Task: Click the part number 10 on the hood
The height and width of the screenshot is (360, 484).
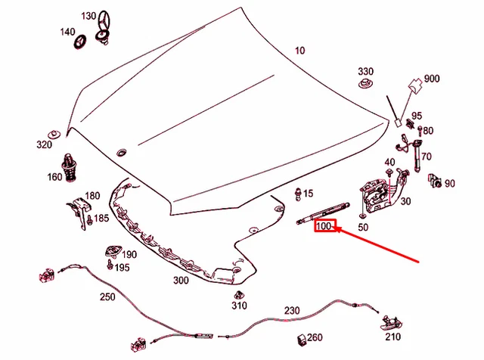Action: tap(299, 51)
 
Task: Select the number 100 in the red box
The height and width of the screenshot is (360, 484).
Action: tap(324, 226)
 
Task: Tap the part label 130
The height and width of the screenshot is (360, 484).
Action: tap(88, 16)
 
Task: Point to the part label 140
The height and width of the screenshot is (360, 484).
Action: tap(67, 32)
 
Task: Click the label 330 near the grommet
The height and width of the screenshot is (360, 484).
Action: tap(365, 70)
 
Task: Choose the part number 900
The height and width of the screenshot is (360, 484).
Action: tap(432, 79)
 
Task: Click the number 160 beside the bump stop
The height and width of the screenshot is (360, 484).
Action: tap(54, 177)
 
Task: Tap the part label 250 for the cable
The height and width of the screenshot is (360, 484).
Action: tap(107, 296)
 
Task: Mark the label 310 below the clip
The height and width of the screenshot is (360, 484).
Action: tap(239, 306)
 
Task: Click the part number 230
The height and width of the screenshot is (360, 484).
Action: tap(292, 310)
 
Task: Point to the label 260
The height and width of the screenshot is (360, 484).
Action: tap(315, 337)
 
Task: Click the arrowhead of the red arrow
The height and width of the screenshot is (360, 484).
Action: tap(337, 229)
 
